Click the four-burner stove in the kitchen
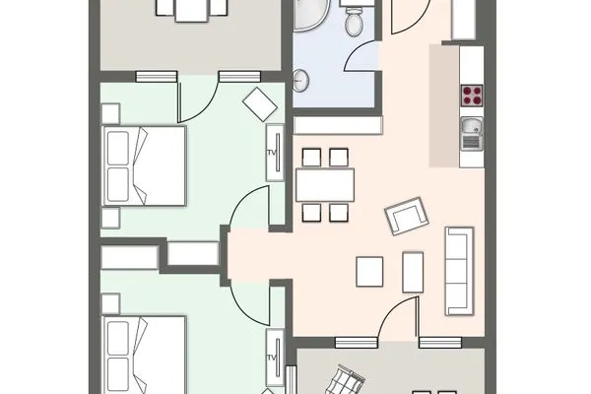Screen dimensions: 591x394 [472, 96]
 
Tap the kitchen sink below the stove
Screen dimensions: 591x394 [472, 134]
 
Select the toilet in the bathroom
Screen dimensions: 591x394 [354, 21]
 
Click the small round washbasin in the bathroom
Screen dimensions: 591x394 [301, 81]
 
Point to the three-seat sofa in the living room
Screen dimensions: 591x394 [459, 271]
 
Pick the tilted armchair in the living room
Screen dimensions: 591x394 [407, 216]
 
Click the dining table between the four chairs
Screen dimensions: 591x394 [325, 185]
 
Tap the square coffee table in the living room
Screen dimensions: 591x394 [369, 272]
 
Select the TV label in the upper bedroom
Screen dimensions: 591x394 [272, 153]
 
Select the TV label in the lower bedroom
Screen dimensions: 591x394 [272, 358]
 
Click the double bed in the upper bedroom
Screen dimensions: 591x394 [145, 165]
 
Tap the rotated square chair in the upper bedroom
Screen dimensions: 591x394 [260, 104]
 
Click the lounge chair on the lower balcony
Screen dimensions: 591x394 [345, 380]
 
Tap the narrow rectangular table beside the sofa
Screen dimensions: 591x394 [413, 272]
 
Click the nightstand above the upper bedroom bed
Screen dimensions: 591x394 [111, 113]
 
